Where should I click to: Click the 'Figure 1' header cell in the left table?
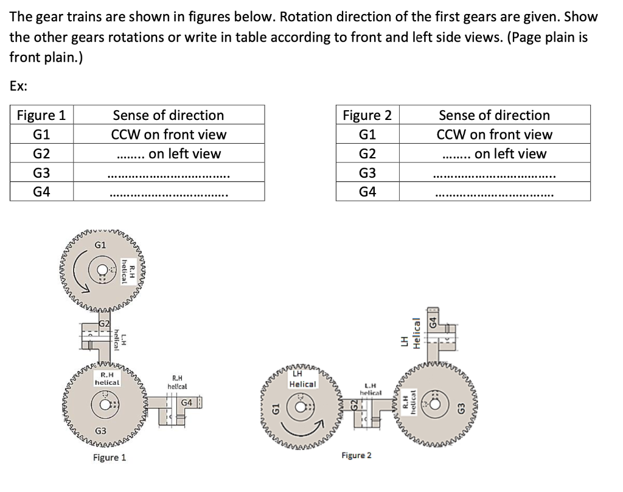coord(41,115)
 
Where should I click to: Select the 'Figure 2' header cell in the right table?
coord(367,115)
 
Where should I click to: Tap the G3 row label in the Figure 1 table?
coord(41,173)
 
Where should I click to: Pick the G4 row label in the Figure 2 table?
coord(367,192)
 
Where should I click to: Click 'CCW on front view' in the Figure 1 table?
coord(169,135)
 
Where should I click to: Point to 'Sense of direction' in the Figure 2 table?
coord(494,115)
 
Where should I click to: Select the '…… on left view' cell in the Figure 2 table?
coord(494,154)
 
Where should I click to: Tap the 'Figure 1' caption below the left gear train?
coord(110,457)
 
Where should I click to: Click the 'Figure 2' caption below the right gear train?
coord(357,455)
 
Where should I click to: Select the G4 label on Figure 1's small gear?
coord(187,402)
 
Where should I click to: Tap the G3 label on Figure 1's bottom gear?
coord(102,431)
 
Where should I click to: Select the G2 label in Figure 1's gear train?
coord(104,322)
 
